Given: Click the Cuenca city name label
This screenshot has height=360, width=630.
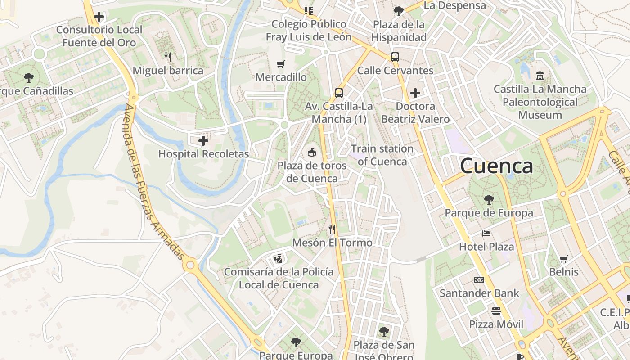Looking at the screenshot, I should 496,166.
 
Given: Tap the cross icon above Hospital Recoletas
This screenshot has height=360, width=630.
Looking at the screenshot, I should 203,141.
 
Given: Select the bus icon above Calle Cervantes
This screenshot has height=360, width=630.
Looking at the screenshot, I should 395,57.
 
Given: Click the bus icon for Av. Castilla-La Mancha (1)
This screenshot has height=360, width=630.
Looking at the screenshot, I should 339,93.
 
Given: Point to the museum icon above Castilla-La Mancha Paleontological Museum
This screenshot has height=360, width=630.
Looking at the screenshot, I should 540,75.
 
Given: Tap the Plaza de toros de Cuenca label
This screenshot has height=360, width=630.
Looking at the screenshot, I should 312,172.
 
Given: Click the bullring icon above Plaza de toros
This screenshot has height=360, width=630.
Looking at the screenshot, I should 311,153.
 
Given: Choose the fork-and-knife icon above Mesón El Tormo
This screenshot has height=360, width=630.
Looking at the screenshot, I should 332,229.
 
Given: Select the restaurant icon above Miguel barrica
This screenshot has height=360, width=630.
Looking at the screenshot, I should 168,57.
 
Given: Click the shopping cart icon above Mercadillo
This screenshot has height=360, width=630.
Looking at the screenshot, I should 281,64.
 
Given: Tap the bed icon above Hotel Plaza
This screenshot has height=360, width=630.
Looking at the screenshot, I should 486,234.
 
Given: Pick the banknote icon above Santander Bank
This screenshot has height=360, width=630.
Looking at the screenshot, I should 479,280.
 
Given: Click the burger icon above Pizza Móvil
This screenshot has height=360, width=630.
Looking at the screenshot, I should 496,311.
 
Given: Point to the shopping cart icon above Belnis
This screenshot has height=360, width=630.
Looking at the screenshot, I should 563,259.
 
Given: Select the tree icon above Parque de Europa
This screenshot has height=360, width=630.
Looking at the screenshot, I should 489,199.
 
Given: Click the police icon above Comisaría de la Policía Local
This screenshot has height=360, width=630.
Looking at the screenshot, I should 279,259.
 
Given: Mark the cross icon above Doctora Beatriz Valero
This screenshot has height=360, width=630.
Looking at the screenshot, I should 415,93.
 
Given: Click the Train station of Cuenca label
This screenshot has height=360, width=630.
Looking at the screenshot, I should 382,155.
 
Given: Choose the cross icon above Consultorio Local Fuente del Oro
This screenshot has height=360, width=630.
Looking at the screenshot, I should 99,17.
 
